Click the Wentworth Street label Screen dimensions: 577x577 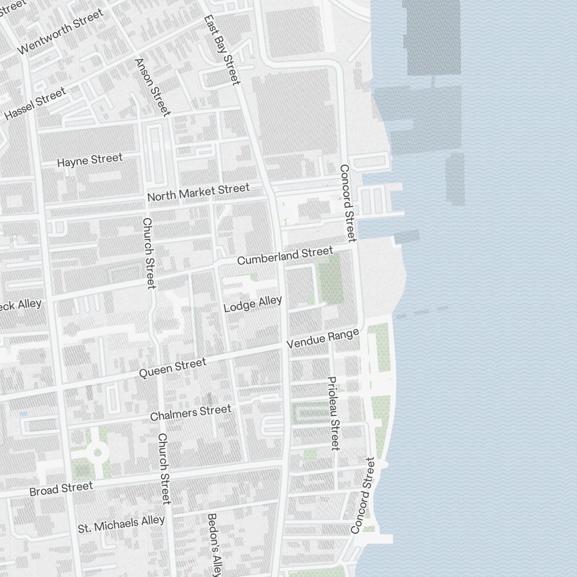pos(61,31)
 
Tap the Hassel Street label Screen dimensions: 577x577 pos(35,104)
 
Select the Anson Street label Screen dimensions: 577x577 pos(152,87)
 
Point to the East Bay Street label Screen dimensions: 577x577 pos(222,50)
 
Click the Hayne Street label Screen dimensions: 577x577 pos(89,160)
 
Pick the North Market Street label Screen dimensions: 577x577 pos(198,192)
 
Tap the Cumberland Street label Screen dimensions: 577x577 pos(285,256)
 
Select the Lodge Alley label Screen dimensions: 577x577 pos(253,304)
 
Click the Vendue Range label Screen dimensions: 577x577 pos(323,338)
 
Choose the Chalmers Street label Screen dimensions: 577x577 pos(190,413)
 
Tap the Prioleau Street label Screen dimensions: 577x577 pos(333,413)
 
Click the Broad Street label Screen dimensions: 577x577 pos(61,489)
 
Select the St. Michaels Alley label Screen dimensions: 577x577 pos(121,524)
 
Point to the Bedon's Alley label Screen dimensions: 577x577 pos(213,545)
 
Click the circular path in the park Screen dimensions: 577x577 pos(96,452)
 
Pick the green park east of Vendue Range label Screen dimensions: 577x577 pos(378,346)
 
